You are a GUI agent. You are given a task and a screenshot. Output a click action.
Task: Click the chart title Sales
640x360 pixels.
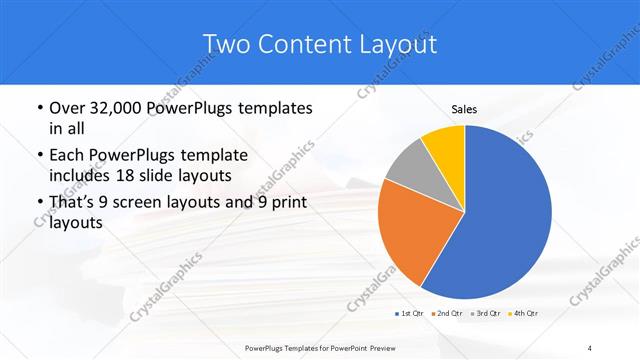[464, 110]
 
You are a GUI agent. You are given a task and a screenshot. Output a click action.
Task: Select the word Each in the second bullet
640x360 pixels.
[64, 156]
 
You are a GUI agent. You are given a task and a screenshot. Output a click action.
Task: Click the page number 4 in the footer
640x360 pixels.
[589, 347]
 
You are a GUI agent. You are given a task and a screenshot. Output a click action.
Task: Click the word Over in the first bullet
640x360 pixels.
[65, 107]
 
